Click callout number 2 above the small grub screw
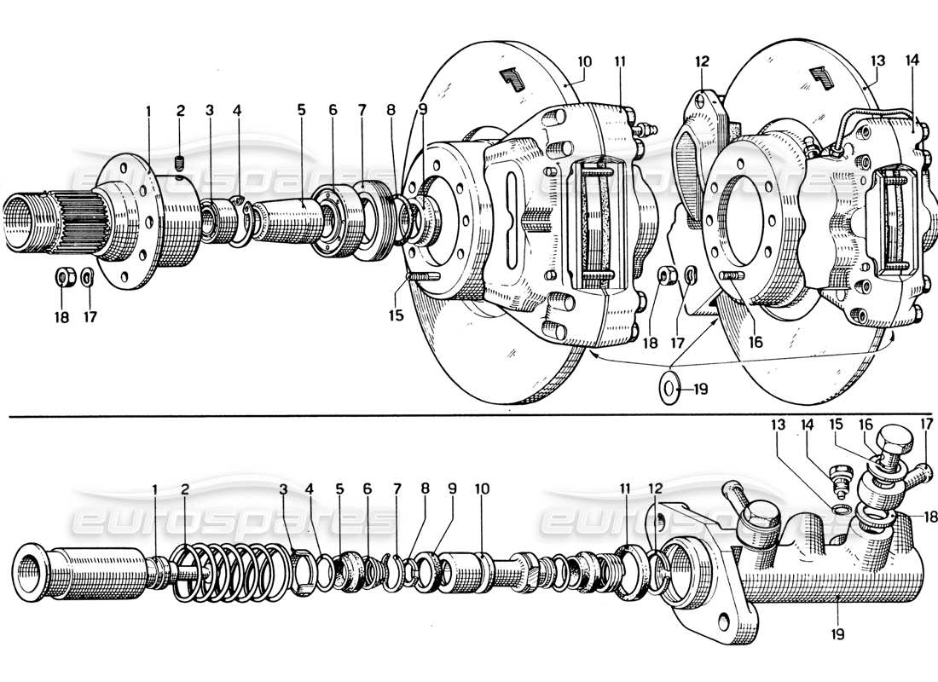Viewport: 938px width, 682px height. click(x=180, y=110)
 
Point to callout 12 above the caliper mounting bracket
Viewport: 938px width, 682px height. click(x=701, y=62)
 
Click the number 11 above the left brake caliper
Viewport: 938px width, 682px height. click(x=619, y=62)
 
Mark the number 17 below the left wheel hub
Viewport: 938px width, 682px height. click(x=90, y=316)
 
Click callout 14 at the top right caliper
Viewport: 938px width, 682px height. click(x=913, y=62)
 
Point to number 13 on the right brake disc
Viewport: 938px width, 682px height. click(x=878, y=62)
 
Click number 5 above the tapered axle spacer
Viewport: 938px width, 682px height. click(x=301, y=110)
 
